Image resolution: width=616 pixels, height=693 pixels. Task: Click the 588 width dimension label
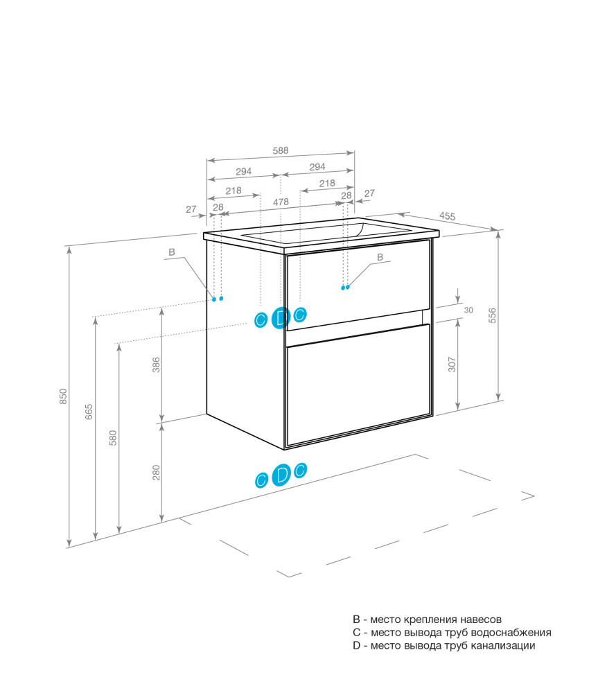click(281, 150)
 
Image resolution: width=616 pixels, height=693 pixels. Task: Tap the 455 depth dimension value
click(447, 216)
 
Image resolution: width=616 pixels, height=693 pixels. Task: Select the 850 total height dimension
click(64, 396)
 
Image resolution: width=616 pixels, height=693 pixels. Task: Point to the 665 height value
click(89, 412)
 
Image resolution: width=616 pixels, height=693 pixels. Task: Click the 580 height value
click(113, 437)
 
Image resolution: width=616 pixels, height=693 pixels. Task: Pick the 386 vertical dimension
click(157, 365)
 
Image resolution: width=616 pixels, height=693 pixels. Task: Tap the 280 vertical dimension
click(157, 473)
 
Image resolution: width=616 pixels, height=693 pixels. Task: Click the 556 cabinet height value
click(492, 315)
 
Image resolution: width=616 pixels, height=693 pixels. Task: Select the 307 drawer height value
click(452, 365)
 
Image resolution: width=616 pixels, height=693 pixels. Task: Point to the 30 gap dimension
click(469, 310)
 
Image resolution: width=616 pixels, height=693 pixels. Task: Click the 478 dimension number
click(281, 202)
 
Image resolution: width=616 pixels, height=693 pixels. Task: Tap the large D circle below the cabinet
click(281, 475)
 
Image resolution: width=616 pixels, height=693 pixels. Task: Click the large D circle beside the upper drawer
click(281, 317)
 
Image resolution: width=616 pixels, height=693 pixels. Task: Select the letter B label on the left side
click(172, 252)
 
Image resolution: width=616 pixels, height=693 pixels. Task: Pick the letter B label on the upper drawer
click(380, 257)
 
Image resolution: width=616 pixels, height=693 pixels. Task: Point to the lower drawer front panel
click(358, 384)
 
